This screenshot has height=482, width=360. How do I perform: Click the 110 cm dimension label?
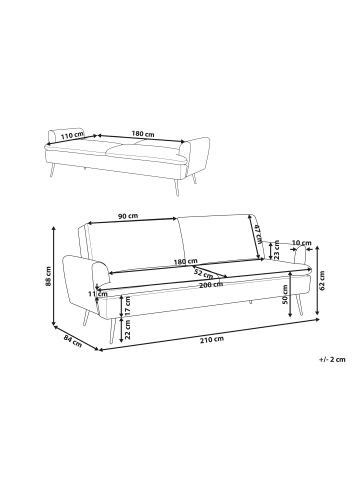coord(72,135)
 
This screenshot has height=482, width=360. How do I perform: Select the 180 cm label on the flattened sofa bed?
coord(143,134)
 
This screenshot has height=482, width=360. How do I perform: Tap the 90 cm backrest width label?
coord(128,216)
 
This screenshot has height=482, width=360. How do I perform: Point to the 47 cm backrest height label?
coord(258,234)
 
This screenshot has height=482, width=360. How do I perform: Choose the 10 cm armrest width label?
coord(301,243)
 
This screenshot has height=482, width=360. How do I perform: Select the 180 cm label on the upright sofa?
coord(185,261)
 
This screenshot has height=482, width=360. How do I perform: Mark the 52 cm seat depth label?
coord(203,274)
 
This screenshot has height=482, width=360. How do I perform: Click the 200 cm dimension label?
coord(211,284)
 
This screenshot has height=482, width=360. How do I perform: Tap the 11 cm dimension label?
coord(98,294)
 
